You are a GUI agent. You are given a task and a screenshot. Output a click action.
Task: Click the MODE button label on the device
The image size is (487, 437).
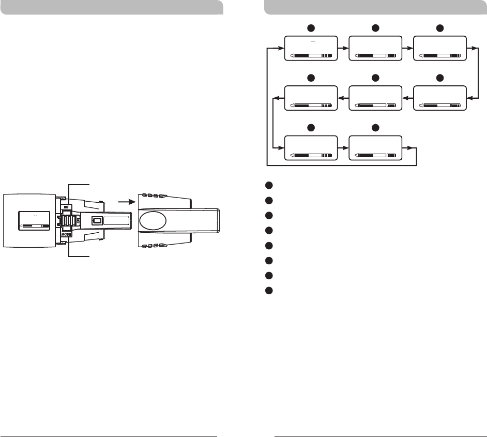[67, 234]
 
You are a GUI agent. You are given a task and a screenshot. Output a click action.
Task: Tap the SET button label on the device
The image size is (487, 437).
[67, 207]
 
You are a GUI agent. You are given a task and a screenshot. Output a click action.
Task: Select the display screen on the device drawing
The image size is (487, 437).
[34, 220]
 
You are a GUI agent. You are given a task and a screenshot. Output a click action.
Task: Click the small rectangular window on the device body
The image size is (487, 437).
[96, 220]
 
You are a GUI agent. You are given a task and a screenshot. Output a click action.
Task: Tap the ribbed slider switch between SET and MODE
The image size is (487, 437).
[67, 220]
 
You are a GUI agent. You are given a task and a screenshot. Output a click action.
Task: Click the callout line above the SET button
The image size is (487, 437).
[79, 184]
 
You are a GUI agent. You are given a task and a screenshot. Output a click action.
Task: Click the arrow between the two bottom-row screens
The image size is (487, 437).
[343, 148]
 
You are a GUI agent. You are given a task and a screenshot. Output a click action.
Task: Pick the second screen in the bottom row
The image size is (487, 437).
[375, 148]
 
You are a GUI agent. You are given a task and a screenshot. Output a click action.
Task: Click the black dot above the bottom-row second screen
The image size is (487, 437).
[375, 128]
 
